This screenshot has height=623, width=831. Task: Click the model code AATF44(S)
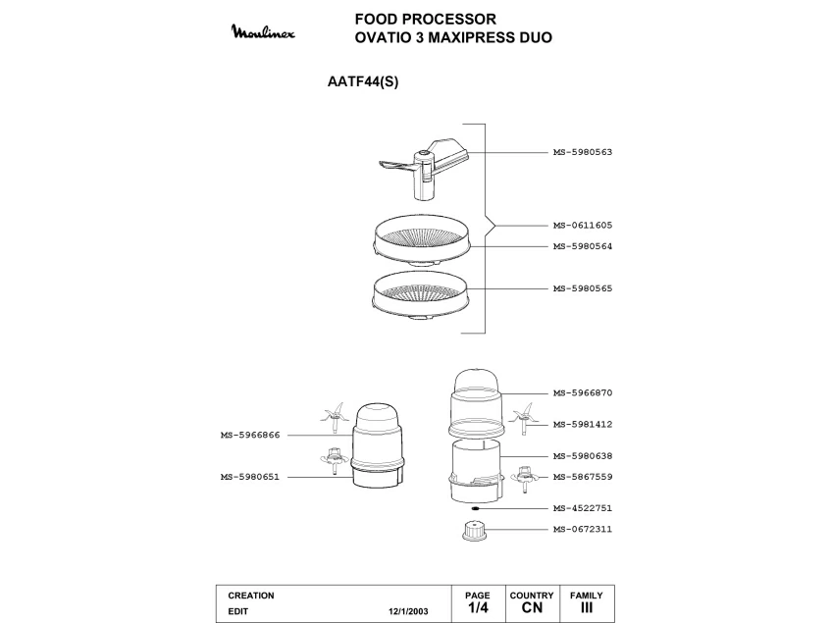(361, 82)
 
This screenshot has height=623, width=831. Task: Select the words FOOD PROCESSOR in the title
(425, 19)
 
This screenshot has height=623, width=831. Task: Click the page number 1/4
(478, 609)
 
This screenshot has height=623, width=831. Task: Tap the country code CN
(532, 609)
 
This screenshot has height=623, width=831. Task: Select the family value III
(587, 609)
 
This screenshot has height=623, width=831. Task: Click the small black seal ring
(474, 508)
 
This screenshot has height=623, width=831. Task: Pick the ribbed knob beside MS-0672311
(474, 531)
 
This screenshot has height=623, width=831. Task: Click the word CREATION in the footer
(251, 596)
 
